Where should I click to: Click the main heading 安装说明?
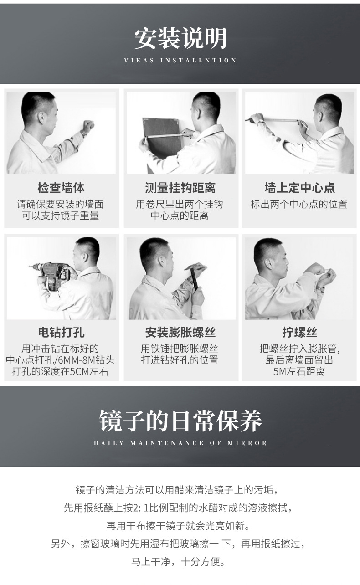(180, 38)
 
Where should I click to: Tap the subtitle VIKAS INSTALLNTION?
(180, 60)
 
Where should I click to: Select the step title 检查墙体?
(61, 188)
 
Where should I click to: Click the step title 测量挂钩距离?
(180, 188)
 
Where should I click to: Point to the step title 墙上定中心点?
(299, 188)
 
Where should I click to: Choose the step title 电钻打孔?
(61, 332)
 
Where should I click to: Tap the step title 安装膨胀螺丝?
(180, 332)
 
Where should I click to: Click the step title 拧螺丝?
(299, 332)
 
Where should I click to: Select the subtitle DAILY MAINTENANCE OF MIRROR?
(180, 443)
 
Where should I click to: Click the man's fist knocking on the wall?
(87, 126)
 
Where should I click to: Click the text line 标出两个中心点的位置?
(299, 204)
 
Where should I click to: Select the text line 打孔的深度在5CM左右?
(61, 372)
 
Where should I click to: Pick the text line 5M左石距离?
(299, 372)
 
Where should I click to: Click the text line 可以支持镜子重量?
(61, 216)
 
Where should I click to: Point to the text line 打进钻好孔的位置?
(180, 360)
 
